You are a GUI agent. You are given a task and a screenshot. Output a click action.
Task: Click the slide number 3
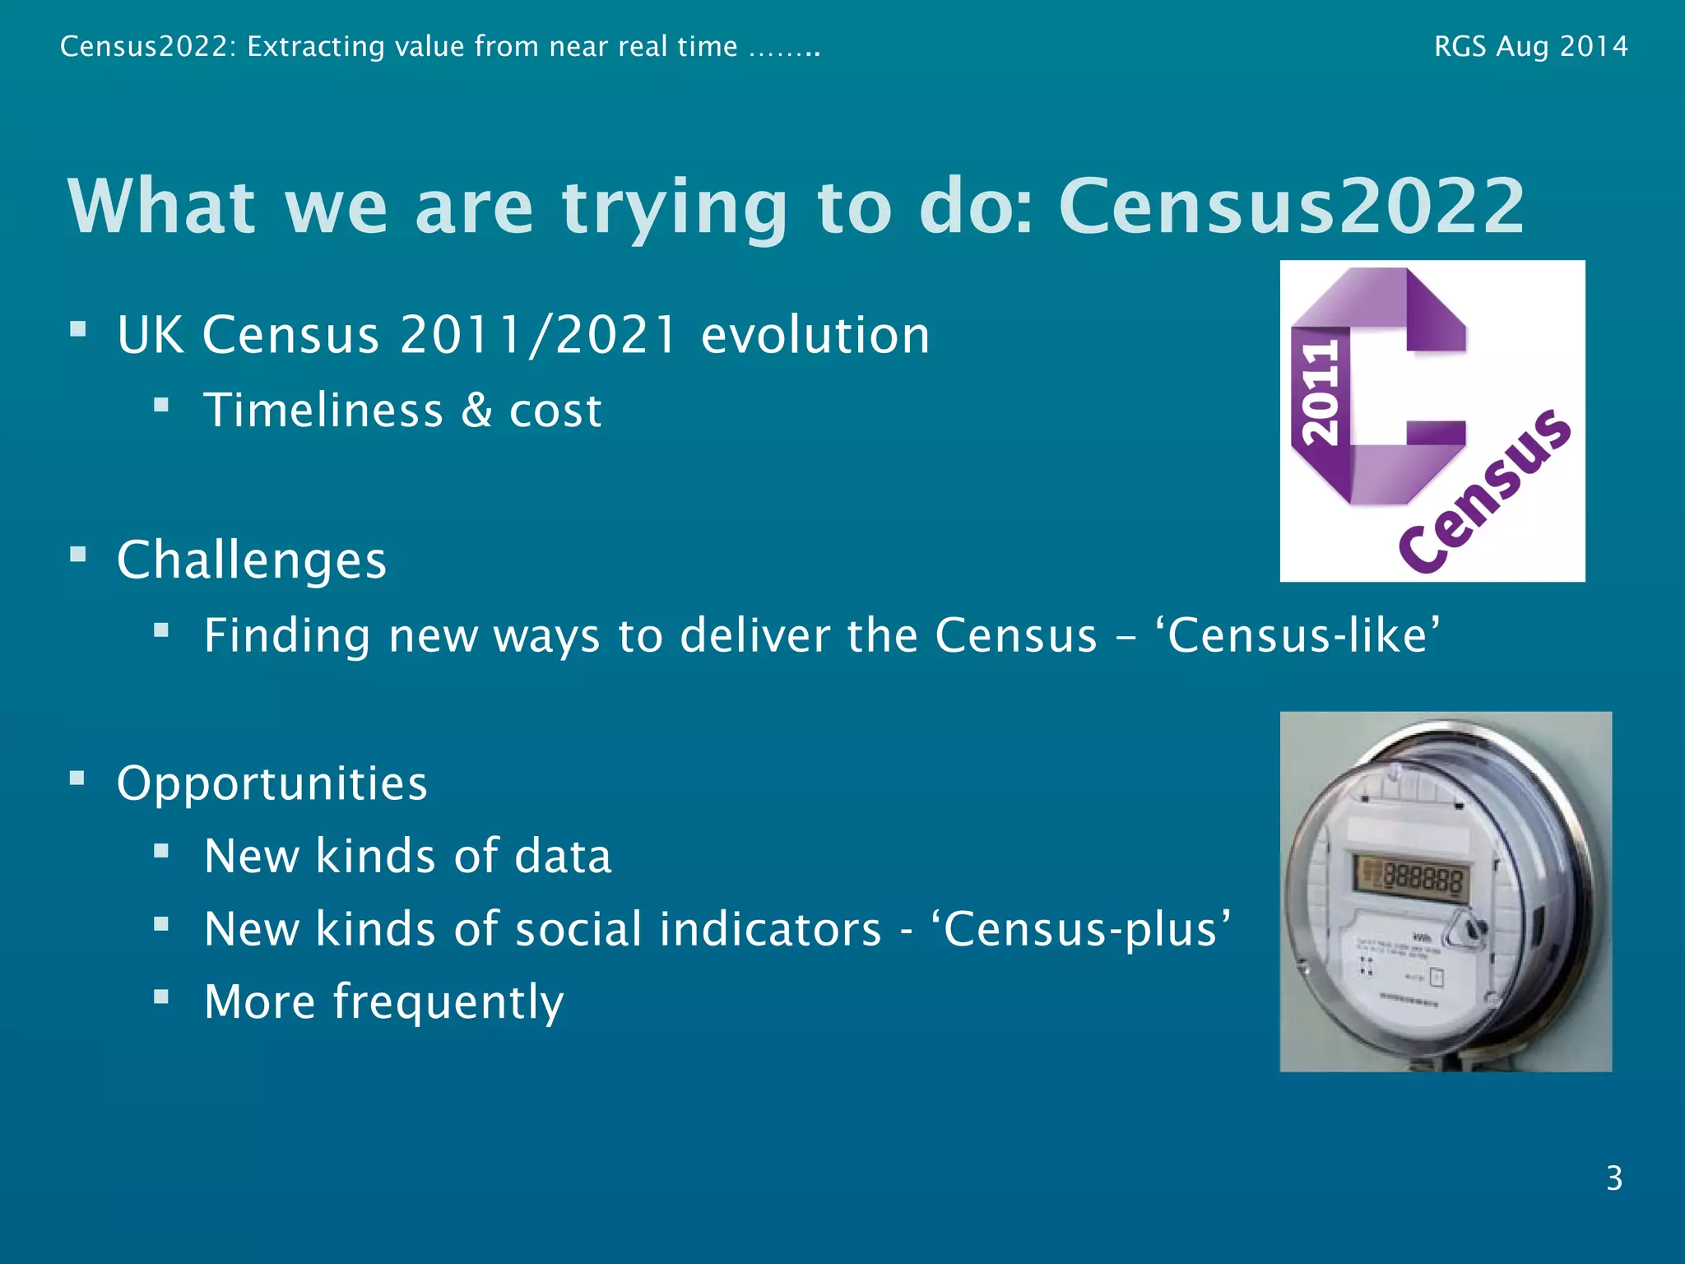click(x=1613, y=1178)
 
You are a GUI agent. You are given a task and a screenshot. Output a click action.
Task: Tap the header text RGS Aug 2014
click(x=1530, y=47)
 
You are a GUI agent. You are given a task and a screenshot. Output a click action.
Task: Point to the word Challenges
click(x=252, y=560)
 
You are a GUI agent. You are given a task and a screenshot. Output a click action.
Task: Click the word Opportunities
click(x=272, y=783)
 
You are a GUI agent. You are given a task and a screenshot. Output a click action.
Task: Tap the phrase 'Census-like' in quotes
click(x=1304, y=635)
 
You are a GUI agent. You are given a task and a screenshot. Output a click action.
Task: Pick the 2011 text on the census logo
click(x=1320, y=394)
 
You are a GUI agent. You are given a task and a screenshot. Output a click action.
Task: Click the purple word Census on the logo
click(x=1486, y=491)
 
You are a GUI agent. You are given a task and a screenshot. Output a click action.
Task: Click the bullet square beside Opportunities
click(x=77, y=778)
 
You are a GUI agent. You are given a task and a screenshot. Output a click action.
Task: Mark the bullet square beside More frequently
click(x=161, y=997)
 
